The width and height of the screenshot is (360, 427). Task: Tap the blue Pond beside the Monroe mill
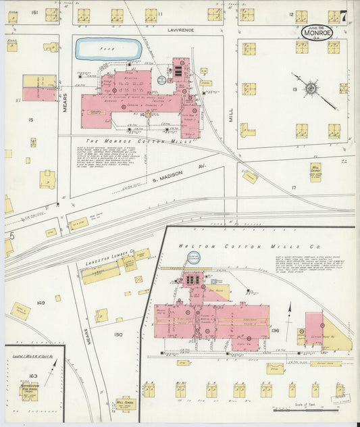109,49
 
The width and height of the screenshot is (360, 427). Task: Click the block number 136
275,330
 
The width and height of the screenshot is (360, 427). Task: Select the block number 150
119,334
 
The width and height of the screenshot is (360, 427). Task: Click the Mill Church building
315,172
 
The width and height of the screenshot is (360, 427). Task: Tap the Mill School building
124,403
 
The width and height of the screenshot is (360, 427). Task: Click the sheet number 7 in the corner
344,15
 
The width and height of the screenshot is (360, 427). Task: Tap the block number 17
293,187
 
